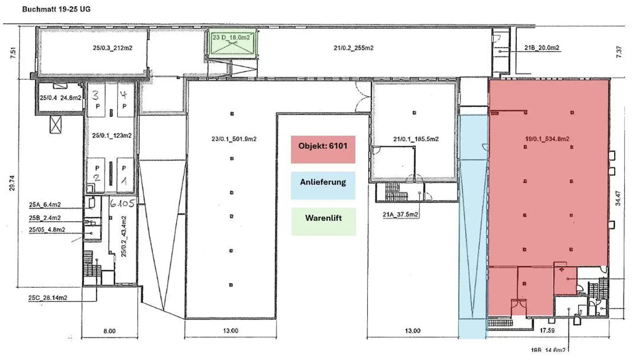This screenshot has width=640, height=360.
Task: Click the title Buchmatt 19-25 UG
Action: [x=56, y=9]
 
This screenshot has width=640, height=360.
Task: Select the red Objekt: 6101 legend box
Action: [x=323, y=149]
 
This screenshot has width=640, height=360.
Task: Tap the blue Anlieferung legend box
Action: [x=323, y=185]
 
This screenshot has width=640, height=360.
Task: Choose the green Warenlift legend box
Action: [x=323, y=221]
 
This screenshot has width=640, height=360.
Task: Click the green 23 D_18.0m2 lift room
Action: [x=233, y=43]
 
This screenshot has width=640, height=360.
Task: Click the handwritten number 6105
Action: [x=123, y=204]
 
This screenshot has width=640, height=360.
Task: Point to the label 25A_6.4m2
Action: [x=45, y=205]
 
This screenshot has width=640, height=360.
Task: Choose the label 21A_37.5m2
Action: [x=399, y=215]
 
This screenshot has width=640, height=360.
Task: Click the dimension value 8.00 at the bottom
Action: [x=109, y=331]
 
